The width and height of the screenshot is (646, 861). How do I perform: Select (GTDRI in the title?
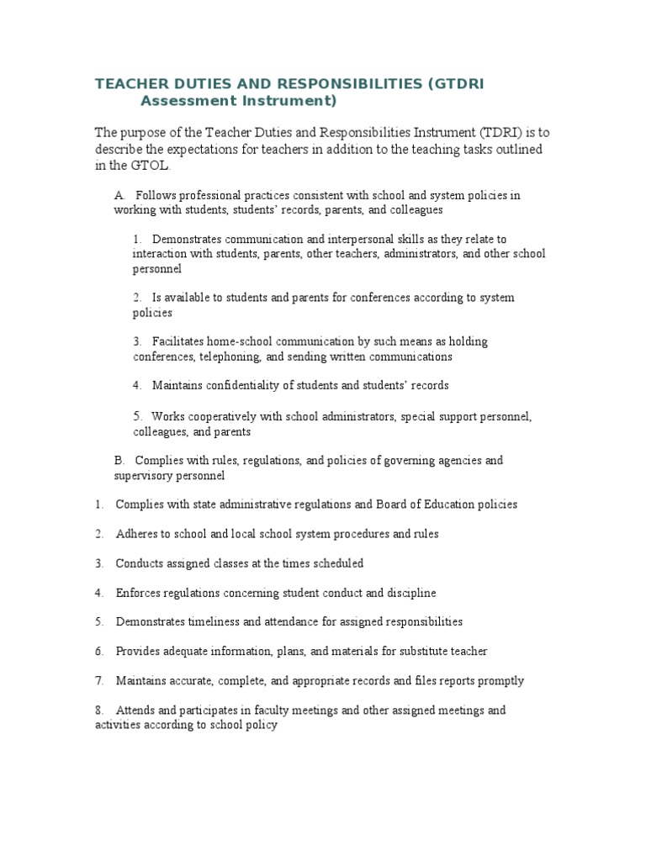click(x=456, y=84)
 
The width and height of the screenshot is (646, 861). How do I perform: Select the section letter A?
click(x=119, y=195)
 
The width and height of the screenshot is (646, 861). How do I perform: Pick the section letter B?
click(x=119, y=461)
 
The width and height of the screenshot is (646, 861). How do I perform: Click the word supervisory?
click(x=143, y=476)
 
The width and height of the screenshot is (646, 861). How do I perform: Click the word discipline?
click(x=410, y=593)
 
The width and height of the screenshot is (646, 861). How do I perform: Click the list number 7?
click(x=99, y=681)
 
